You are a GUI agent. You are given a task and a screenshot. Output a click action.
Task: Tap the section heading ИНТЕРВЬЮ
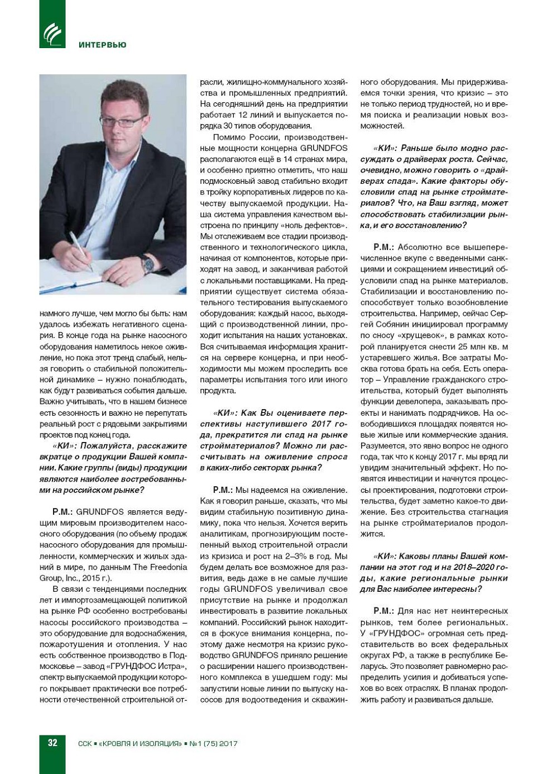tap(103, 45)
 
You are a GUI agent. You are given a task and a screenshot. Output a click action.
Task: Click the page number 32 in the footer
tap(52, 743)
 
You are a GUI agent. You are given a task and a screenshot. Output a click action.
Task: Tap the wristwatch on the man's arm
tap(147, 264)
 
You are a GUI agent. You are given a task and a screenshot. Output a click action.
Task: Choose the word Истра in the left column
tap(169, 666)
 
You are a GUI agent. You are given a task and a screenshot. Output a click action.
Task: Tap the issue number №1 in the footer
tap(195, 743)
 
